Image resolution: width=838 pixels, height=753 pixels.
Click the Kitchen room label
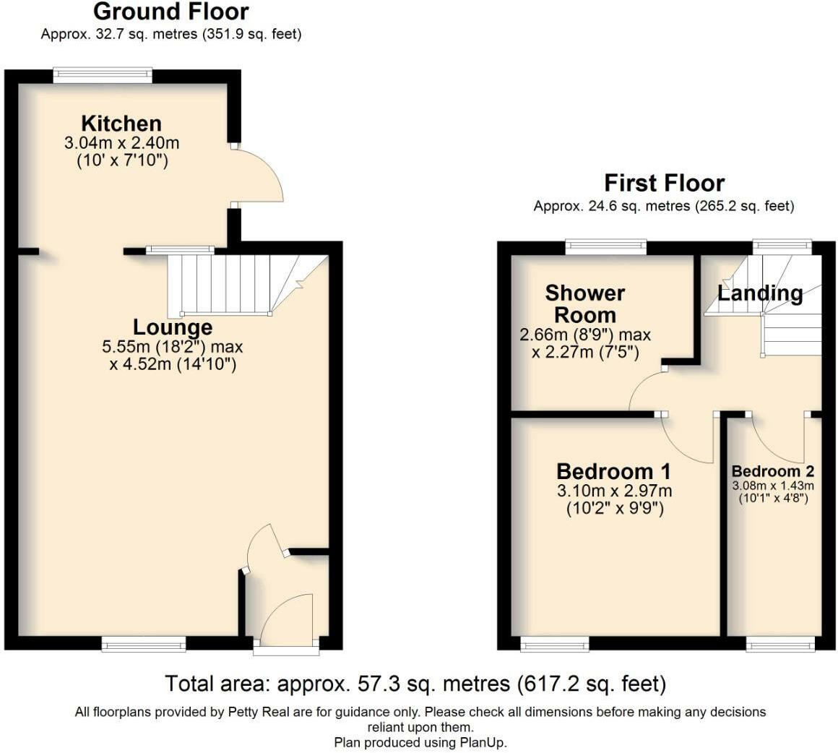tap(121, 124)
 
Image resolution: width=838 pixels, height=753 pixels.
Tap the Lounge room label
tap(173, 327)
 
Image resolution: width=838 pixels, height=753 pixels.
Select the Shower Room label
tap(585, 304)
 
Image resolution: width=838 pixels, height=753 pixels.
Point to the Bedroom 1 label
tap(613, 471)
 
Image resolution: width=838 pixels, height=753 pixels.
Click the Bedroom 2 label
tap(773, 471)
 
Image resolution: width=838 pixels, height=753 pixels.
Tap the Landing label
tap(760, 293)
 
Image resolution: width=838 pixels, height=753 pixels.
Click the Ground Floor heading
tap(171, 12)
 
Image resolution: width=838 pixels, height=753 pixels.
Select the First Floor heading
tap(665, 184)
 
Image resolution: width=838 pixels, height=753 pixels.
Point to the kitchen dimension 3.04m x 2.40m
tap(122, 143)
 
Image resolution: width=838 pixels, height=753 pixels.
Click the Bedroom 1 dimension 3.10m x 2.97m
tap(615, 491)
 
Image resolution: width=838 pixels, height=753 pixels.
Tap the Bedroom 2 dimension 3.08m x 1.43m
tap(773, 486)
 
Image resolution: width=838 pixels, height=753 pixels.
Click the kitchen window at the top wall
tap(103, 75)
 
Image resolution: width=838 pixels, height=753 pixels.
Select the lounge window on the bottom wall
tap(144, 644)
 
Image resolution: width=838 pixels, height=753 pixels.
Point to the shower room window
tap(606, 246)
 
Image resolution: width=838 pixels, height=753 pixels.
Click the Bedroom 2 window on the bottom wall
tap(780, 644)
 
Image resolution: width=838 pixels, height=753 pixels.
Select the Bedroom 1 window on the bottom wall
tap(556, 644)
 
